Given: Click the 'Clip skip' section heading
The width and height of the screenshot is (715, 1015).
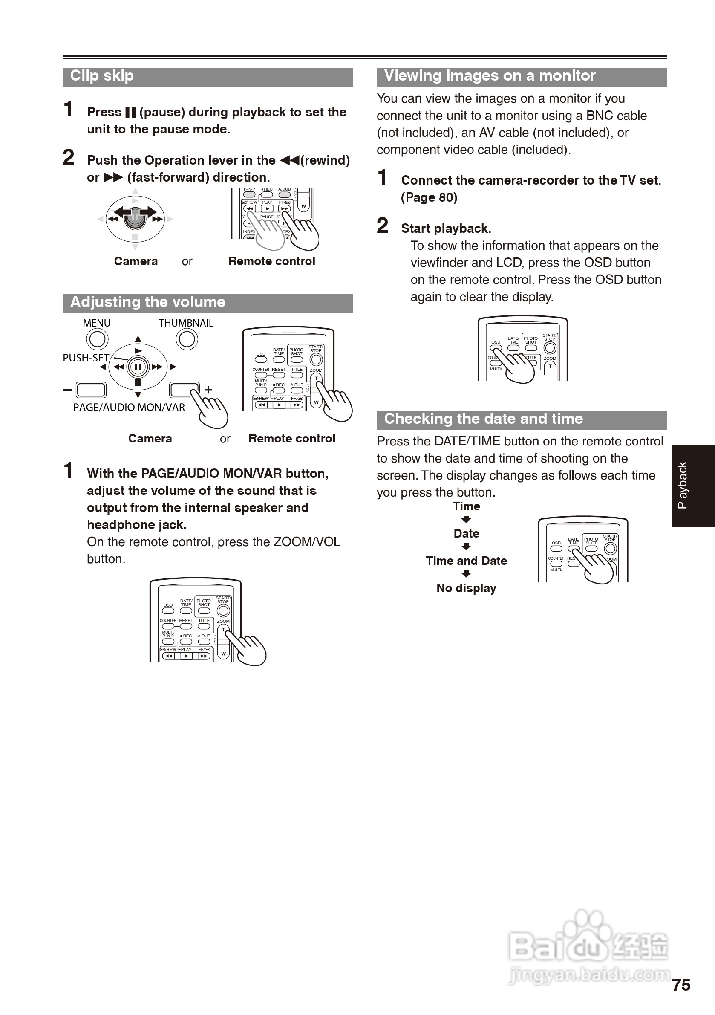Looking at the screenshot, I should (x=102, y=76).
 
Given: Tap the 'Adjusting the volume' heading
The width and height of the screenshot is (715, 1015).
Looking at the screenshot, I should (x=147, y=302).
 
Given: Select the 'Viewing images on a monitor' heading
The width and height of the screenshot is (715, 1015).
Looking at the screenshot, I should (x=490, y=76).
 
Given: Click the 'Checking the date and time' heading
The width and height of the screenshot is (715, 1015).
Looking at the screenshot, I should (x=484, y=419).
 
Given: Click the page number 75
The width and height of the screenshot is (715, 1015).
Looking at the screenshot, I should (x=681, y=985).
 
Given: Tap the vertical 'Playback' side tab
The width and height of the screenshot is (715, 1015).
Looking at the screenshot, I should (x=683, y=486).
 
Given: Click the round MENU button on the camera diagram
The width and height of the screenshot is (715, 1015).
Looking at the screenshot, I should (x=97, y=339).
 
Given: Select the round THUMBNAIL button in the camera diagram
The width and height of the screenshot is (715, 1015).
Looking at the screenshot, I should (x=187, y=339).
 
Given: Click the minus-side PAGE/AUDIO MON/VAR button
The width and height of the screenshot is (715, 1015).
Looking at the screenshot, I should (x=91, y=390).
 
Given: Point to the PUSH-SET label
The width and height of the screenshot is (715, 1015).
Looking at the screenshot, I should (x=86, y=358).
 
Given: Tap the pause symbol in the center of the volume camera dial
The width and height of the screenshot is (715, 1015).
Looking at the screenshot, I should (x=138, y=367).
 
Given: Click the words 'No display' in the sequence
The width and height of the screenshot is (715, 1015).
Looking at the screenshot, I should (x=466, y=588).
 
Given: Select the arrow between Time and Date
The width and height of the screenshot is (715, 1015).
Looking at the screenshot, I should (x=466, y=520).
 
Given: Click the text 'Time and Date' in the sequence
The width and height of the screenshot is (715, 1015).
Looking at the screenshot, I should (x=466, y=561).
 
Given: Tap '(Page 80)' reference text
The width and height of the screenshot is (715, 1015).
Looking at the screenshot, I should (x=429, y=198).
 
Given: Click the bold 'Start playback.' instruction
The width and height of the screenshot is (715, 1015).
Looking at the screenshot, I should (x=446, y=228).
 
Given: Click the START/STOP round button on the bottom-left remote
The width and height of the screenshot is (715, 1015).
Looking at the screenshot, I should (x=224, y=610).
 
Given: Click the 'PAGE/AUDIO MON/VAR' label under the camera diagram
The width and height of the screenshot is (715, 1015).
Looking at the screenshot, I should (x=129, y=408).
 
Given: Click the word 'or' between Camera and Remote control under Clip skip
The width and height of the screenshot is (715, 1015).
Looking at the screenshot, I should (x=187, y=262).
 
